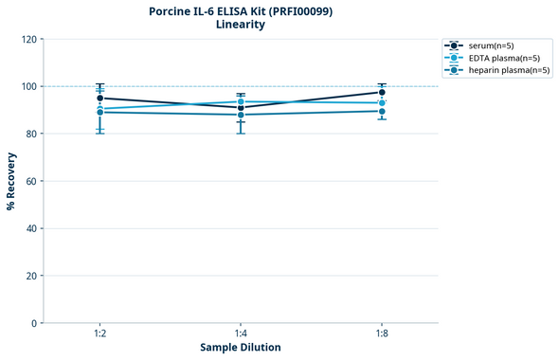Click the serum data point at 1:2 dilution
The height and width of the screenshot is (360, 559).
tap(99, 98)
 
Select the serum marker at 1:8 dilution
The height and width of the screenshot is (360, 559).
tap(382, 92)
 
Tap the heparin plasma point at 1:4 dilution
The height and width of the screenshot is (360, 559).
tap(241, 115)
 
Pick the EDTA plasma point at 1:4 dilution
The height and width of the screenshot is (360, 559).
tap(241, 101)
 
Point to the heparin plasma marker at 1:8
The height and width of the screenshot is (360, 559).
tap(382, 111)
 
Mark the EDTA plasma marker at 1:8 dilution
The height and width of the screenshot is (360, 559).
tap(382, 102)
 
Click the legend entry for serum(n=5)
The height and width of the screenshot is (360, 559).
tap(496, 45)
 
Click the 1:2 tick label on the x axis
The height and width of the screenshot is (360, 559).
tap(99, 333)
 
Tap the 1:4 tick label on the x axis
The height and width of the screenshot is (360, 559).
tap(241, 333)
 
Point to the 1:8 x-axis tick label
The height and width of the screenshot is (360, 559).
tap(382, 333)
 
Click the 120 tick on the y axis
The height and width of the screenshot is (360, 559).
tap(29, 39)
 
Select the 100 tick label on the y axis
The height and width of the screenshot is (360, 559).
tap(29, 86)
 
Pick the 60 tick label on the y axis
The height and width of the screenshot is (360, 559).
tap(32, 181)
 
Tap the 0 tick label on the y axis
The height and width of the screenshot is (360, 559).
tap(35, 323)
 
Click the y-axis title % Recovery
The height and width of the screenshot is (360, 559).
tap(11, 180)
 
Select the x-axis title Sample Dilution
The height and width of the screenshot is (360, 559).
tap(241, 348)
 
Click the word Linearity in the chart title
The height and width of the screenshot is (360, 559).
tap(241, 25)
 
